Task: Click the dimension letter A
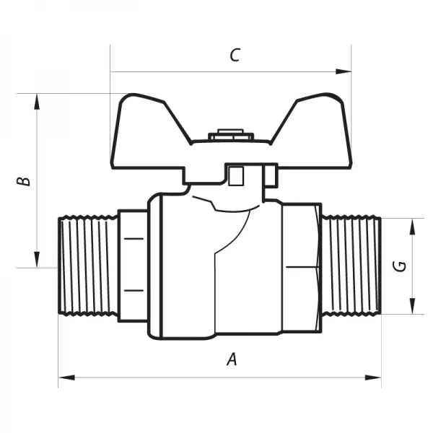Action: coord(232,359)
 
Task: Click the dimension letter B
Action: coord(25,179)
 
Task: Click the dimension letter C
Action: coord(233,56)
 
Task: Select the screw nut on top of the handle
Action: coord(229,134)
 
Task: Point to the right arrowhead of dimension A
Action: coord(376,376)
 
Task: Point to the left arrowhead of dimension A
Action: coord(64,376)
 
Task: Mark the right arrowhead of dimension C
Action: coord(346,71)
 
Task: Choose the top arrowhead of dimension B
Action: coord(36,100)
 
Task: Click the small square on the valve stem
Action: coord(235,177)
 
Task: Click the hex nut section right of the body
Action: coord(302,267)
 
